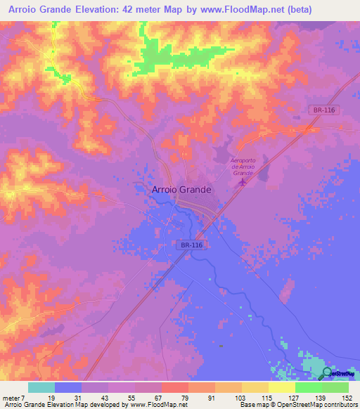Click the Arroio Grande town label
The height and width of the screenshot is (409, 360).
181,190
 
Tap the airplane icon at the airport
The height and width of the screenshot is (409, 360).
243,182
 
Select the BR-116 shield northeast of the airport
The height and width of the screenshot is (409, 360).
321,110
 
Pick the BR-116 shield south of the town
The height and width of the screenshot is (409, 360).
190,244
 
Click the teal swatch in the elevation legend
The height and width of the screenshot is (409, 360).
41,387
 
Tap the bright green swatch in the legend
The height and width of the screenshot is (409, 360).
308,387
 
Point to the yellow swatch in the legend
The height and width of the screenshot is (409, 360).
281,387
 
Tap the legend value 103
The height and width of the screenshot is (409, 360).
228,398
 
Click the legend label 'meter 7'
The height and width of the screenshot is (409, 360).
13,398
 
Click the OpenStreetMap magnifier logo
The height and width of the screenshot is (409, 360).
328,372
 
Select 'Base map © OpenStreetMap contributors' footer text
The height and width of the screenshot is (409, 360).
297,405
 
